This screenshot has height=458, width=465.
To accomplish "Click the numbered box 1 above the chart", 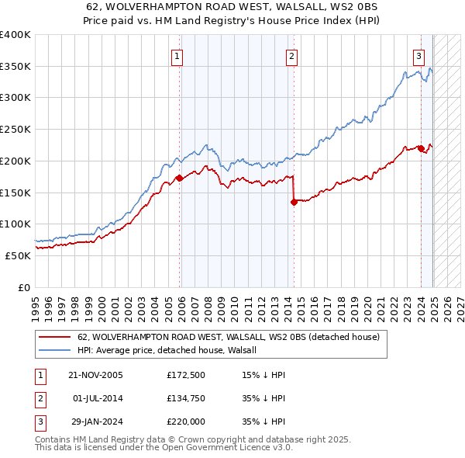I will (177, 55).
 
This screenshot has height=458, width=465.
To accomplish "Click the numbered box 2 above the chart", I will (291, 55).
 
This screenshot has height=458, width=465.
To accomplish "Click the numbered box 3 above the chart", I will (418, 55).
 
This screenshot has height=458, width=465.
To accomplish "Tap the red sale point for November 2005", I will (179, 178).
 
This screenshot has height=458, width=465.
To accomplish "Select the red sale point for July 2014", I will (294, 202).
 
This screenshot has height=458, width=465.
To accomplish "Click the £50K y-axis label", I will (19, 255).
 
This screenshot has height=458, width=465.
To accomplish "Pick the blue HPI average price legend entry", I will (171, 350).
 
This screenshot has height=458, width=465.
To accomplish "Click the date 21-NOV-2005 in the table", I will (96, 375).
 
